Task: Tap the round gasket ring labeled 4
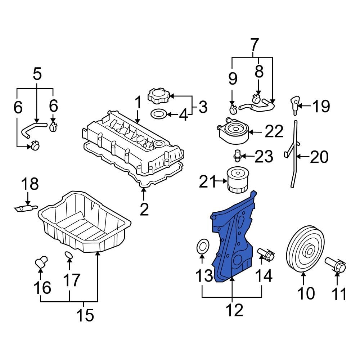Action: pyautogui.click(x=159, y=114)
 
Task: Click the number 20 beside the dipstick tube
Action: pyautogui.click(x=319, y=157)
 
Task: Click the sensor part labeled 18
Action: pyautogui.click(x=26, y=208)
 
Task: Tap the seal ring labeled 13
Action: pyautogui.click(x=202, y=247)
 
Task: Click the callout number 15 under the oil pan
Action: pyautogui.click(x=85, y=315)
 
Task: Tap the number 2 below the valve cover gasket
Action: pyautogui.click(x=144, y=209)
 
